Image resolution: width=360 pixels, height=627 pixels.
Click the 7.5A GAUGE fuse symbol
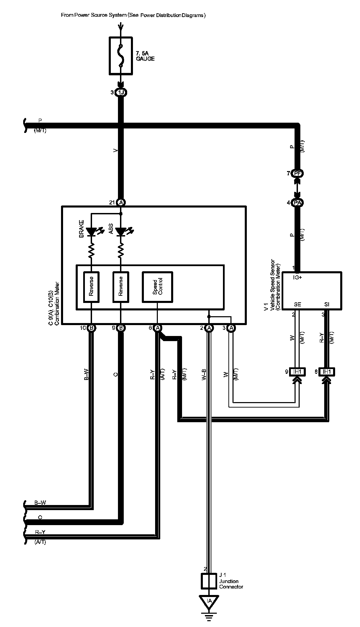pos(121,56)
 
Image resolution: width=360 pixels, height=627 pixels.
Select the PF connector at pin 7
pos(298,173)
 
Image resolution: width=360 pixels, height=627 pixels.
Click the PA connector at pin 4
pos(298,203)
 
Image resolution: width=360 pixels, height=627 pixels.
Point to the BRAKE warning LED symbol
pos(91,232)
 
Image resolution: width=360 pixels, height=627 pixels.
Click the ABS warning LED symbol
pos(121,232)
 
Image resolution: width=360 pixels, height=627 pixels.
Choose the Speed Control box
pos(157,287)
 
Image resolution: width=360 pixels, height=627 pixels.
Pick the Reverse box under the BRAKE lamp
pos(91,287)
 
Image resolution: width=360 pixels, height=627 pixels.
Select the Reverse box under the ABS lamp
pos(121,287)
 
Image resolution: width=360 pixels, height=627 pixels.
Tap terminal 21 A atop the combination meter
pos(121,202)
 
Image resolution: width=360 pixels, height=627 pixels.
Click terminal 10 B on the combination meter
pos(91,328)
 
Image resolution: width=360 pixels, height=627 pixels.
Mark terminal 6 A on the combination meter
pos(157,328)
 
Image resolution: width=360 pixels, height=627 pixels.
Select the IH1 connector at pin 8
pos(327,371)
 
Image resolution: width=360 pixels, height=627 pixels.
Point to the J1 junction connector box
pos(209,581)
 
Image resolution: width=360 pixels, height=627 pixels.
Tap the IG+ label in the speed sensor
pos(298,277)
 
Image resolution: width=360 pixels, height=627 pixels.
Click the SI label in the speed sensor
pos(327,304)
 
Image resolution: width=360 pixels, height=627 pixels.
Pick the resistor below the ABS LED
pos(121,251)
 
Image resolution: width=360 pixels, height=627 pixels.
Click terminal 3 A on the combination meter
pos(231,328)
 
